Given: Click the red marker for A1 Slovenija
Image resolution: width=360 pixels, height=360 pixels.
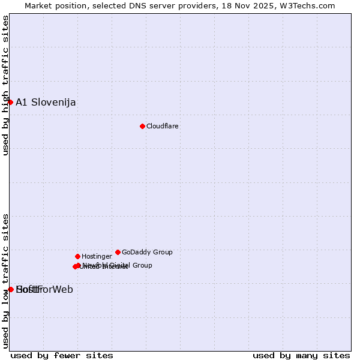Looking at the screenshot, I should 10,102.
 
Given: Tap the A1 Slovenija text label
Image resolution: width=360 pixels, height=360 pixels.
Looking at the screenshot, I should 46,102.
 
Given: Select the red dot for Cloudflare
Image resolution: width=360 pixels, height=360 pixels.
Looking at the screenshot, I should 142,126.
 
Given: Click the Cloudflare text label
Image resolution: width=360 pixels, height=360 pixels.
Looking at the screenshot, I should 163,126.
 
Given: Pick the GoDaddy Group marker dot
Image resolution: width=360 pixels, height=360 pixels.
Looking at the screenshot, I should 118,252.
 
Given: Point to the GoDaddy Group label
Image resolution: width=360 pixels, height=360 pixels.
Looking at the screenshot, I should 147,252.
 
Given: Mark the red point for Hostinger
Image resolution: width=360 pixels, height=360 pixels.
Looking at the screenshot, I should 77,256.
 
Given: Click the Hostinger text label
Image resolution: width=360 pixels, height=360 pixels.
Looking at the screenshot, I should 97,256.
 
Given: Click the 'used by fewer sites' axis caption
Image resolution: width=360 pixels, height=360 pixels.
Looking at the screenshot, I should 62,355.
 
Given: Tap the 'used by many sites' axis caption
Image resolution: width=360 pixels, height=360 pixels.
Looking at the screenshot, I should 301,355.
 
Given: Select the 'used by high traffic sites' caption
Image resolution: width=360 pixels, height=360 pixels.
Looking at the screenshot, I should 5,85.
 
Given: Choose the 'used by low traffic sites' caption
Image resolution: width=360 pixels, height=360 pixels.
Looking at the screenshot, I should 5,280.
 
